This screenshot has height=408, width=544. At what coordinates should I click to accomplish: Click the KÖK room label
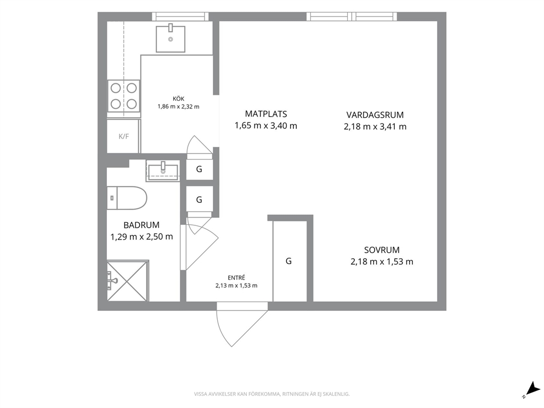coord(178,99)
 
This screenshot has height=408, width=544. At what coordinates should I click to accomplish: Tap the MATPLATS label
coord(266,114)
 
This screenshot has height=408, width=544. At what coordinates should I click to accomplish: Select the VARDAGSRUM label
coord(375,115)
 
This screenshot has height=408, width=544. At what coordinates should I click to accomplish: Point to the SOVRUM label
coord(382,250)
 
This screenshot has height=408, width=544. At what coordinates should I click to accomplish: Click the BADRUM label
coord(141,225)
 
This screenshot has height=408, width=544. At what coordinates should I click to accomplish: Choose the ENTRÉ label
coord(236,277)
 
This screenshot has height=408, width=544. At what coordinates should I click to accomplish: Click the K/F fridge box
coord(123,137)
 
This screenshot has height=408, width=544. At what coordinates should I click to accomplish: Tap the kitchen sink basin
coord(171,39)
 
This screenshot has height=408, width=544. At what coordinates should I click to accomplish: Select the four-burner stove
coord(124,96)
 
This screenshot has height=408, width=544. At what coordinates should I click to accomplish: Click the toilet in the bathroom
coord(127,198)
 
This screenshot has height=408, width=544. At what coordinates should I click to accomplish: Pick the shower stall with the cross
coord(127,281)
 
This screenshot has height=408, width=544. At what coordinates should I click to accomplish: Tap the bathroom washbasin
coord(163,171)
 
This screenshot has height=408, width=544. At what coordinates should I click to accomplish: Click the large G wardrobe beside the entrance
coord(290,261)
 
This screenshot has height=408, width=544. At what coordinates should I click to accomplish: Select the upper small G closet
coord(200,169)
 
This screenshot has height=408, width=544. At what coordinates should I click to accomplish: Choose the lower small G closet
coord(200,200)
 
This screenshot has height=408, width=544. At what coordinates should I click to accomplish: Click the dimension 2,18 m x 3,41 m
coord(375,127)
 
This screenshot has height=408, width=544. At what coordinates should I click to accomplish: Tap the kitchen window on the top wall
coord(180,16)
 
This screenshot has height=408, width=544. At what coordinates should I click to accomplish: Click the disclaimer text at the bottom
coord(271,394)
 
